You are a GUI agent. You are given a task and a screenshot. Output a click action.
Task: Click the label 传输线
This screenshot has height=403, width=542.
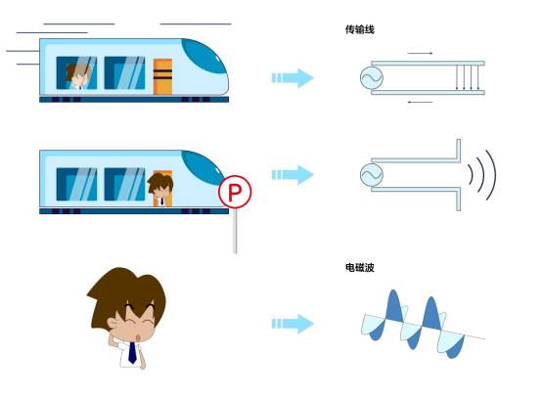pyautogui.click(x=359, y=29)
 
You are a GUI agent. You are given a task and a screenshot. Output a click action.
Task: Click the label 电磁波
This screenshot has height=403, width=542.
pyautogui.click(x=359, y=267)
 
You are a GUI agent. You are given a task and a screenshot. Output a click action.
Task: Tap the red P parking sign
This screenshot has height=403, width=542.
pyautogui.click(x=235, y=192)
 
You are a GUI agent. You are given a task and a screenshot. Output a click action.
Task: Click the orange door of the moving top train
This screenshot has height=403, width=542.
pyautogui.click(x=162, y=76)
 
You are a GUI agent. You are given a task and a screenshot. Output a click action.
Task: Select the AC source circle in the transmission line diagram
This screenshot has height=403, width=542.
pyautogui.click(x=372, y=78)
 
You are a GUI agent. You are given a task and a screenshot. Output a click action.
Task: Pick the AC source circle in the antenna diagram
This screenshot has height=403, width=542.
pyautogui.click(x=372, y=175)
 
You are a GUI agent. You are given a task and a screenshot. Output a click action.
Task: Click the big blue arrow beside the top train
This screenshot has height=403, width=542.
pyautogui.click(x=293, y=78)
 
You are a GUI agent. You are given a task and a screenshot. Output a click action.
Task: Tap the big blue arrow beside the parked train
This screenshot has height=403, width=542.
pyautogui.click(x=293, y=175)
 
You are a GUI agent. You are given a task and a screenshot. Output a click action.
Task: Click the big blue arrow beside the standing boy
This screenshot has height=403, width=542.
pyautogui.click(x=293, y=324)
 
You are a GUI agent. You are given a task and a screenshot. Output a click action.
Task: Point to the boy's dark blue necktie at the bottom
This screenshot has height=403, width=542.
pyautogui.click(x=132, y=352)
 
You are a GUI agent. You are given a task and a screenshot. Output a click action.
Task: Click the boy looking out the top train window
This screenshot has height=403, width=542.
pyautogui.click(x=78, y=76)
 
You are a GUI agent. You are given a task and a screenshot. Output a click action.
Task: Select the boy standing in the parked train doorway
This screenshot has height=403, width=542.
pyautogui.click(x=160, y=190)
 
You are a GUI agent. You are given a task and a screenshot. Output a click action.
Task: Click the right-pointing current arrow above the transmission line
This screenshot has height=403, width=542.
pyautogui.click(x=420, y=53)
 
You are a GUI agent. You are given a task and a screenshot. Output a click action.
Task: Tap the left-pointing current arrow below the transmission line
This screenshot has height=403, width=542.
pyautogui.click(x=420, y=103)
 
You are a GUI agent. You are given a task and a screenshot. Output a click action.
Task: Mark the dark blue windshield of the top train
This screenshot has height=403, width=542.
pyautogui.click(x=203, y=57)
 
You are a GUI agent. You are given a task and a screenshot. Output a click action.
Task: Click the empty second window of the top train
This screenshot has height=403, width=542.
pyautogui.click(x=124, y=73)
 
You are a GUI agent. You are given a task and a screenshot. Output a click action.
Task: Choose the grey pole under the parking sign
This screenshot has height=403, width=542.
pyautogui.click(x=235, y=231)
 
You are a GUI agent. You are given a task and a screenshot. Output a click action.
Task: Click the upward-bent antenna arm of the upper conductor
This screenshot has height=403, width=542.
pyautogui.click(x=458, y=151)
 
